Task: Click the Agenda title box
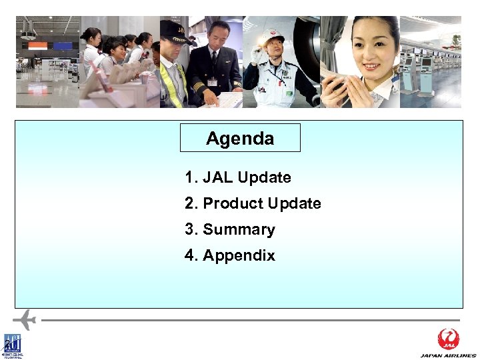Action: pos(240,138)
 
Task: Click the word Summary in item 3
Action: pos(239,229)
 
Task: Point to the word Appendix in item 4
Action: pos(239,255)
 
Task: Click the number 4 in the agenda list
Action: pos(190,255)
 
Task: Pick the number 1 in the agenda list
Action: pos(189,178)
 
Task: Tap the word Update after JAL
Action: pos(264,178)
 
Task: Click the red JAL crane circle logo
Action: pos(449,339)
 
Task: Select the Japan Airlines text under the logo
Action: pos(449,355)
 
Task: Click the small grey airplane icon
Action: pos(24,319)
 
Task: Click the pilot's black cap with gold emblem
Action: pos(175,29)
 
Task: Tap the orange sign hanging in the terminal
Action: pos(37,46)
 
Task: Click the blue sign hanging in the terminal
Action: pos(63,46)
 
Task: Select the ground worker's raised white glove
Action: pos(256,56)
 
